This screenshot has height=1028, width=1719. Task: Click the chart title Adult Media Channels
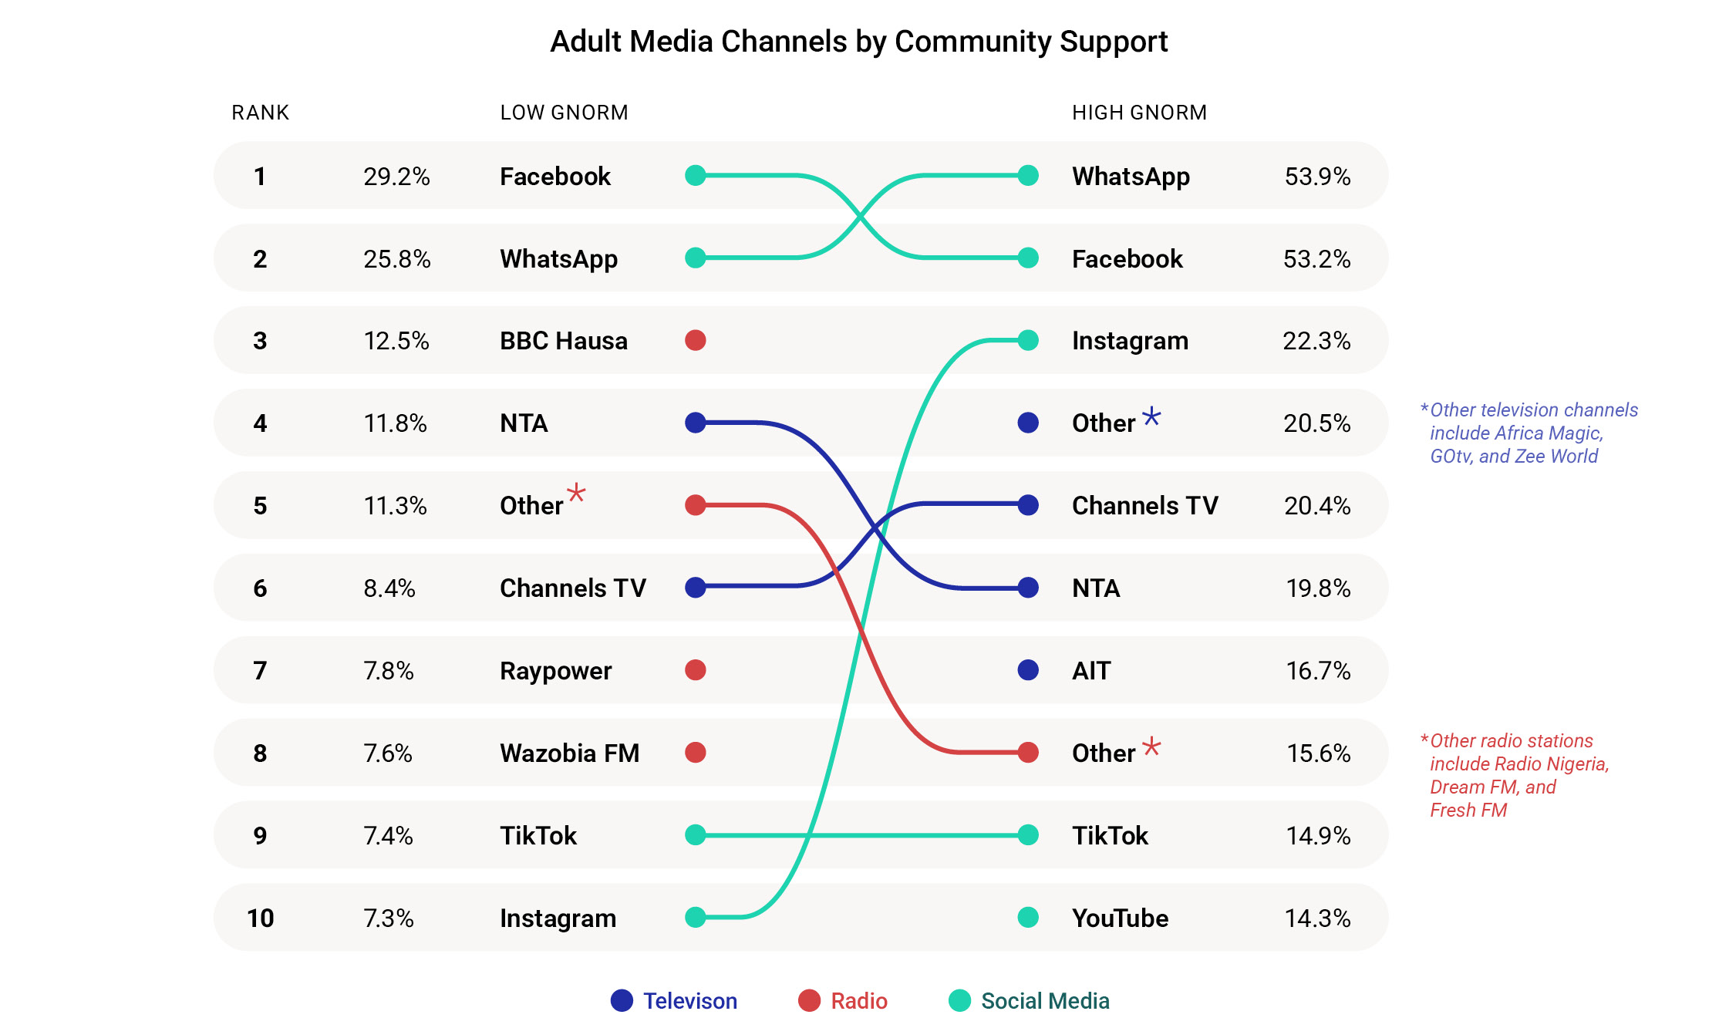tap(858, 42)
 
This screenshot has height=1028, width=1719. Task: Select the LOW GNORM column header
tap(564, 113)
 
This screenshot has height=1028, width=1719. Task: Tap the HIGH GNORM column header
tap(1139, 113)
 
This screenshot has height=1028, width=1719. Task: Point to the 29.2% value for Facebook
tap(396, 177)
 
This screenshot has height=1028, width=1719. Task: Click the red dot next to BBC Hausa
tap(696, 340)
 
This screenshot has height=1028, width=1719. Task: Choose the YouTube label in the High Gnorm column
tap(1120, 918)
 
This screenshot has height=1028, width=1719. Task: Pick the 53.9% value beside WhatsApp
tap(1317, 177)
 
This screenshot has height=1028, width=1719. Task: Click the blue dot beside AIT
tap(1028, 670)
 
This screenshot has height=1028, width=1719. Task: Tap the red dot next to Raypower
tap(696, 670)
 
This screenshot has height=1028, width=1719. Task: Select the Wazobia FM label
tap(569, 753)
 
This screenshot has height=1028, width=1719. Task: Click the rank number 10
tap(260, 918)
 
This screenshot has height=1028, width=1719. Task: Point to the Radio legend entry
tap(858, 1001)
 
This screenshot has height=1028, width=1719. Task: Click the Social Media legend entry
tap(1044, 1001)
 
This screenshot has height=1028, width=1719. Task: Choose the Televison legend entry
tap(689, 1001)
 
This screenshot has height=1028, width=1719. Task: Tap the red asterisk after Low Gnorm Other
tap(576, 493)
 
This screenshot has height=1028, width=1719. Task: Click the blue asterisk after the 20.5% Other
tap(1151, 417)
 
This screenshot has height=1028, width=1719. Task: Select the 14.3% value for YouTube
tap(1317, 918)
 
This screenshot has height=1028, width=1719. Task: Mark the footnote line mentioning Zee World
tap(1513, 457)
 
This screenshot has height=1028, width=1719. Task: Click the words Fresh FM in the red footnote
tap(1468, 811)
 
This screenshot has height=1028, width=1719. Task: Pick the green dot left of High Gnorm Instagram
tap(1028, 340)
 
